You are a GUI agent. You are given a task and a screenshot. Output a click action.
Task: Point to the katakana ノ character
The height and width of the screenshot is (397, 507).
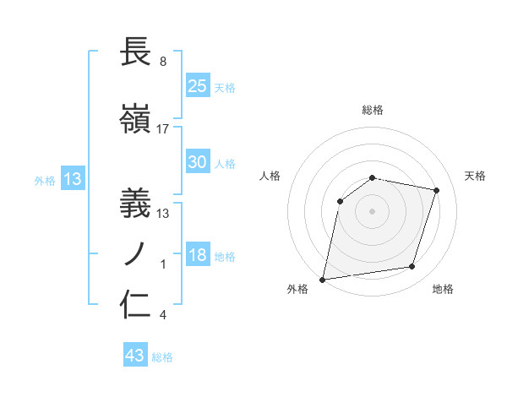137,254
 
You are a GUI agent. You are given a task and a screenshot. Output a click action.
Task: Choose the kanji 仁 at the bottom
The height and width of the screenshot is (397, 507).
137,305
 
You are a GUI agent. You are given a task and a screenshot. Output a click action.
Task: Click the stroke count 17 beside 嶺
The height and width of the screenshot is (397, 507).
163,129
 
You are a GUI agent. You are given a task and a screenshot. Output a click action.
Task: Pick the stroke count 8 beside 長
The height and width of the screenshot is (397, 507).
162,62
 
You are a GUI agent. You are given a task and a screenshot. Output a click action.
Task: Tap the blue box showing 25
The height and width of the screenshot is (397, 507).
198,86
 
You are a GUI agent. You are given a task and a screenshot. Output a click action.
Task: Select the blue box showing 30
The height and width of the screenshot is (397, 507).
198,162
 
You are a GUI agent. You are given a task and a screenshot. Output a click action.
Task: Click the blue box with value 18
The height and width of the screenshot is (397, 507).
198,256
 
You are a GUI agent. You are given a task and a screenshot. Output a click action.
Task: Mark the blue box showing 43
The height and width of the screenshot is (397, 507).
134,356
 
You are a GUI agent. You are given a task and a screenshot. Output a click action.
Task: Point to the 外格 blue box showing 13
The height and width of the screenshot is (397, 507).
72,179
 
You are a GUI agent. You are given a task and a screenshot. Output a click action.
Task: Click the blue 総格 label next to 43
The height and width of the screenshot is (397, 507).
162,357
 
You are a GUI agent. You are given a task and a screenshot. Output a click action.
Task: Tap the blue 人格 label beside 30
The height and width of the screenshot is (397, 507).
225,163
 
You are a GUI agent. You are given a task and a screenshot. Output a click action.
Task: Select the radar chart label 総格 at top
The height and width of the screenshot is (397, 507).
373,110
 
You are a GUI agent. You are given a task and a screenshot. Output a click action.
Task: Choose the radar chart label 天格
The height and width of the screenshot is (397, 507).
475,176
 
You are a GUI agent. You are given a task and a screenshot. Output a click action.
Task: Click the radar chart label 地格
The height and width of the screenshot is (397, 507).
443,289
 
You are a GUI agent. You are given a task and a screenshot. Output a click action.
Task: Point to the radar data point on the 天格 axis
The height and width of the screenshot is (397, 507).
437,190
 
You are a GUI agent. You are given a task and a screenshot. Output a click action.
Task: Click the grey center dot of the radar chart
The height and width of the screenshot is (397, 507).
372,210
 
